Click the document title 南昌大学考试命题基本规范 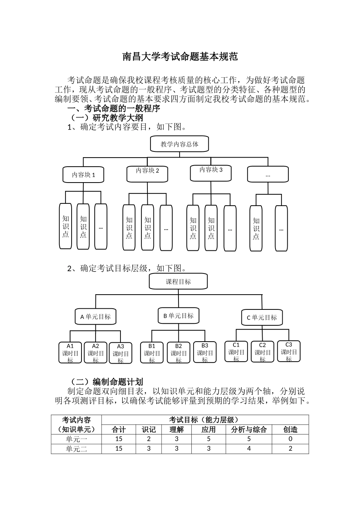(180, 57)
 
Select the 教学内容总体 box (180, 144)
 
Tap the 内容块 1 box (83, 175)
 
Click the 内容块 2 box (147, 173)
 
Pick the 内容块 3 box (211, 172)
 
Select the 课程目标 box (178, 282)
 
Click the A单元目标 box (95, 317)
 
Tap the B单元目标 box (178, 315)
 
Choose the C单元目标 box (261, 317)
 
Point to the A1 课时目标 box (70, 353)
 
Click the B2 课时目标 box (178, 353)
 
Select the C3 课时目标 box (289, 351)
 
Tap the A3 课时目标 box (121, 353)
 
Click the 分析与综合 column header (249, 429)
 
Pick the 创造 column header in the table (290, 429)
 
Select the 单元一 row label (77, 439)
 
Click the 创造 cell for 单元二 (290, 448)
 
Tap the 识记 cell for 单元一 (149, 439)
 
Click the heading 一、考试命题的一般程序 (114, 109)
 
